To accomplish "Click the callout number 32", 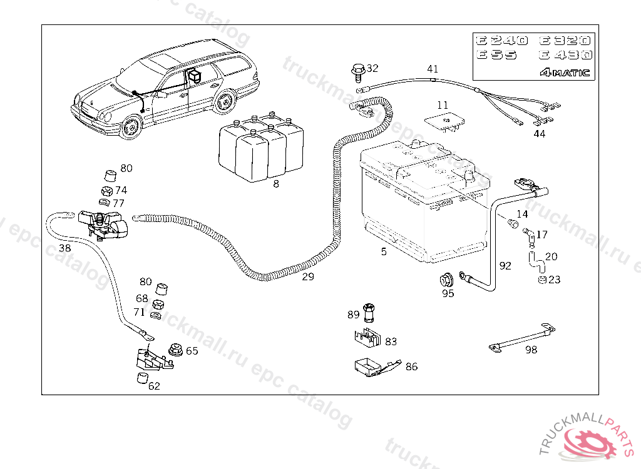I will (x=372, y=68).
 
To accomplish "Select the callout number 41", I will (x=433, y=69).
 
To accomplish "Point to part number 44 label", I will (x=539, y=133).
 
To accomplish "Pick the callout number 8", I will (x=276, y=184).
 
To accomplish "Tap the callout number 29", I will (x=308, y=276).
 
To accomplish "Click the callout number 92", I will (x=505, y=266).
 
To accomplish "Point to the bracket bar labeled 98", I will (x=521, y=338).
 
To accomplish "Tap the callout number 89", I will (x=354, y=314).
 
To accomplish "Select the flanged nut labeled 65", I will (x=174, y=350).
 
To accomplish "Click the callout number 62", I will (x=154, y=386).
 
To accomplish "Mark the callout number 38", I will (x=64, y=248).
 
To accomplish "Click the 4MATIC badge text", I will (x=565, y=72).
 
